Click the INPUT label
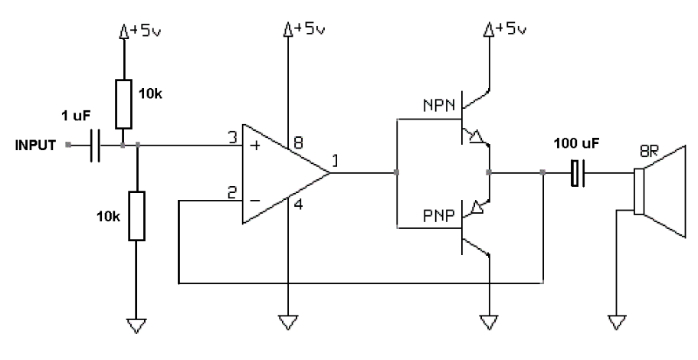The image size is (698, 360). click(34, 144)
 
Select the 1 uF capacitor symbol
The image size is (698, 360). click(95, 145)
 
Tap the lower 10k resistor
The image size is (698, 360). click(136, 217)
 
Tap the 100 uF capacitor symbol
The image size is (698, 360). click(577, 173)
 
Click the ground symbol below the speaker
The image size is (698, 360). click(616, 322)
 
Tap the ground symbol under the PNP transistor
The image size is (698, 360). click(488, 322)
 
